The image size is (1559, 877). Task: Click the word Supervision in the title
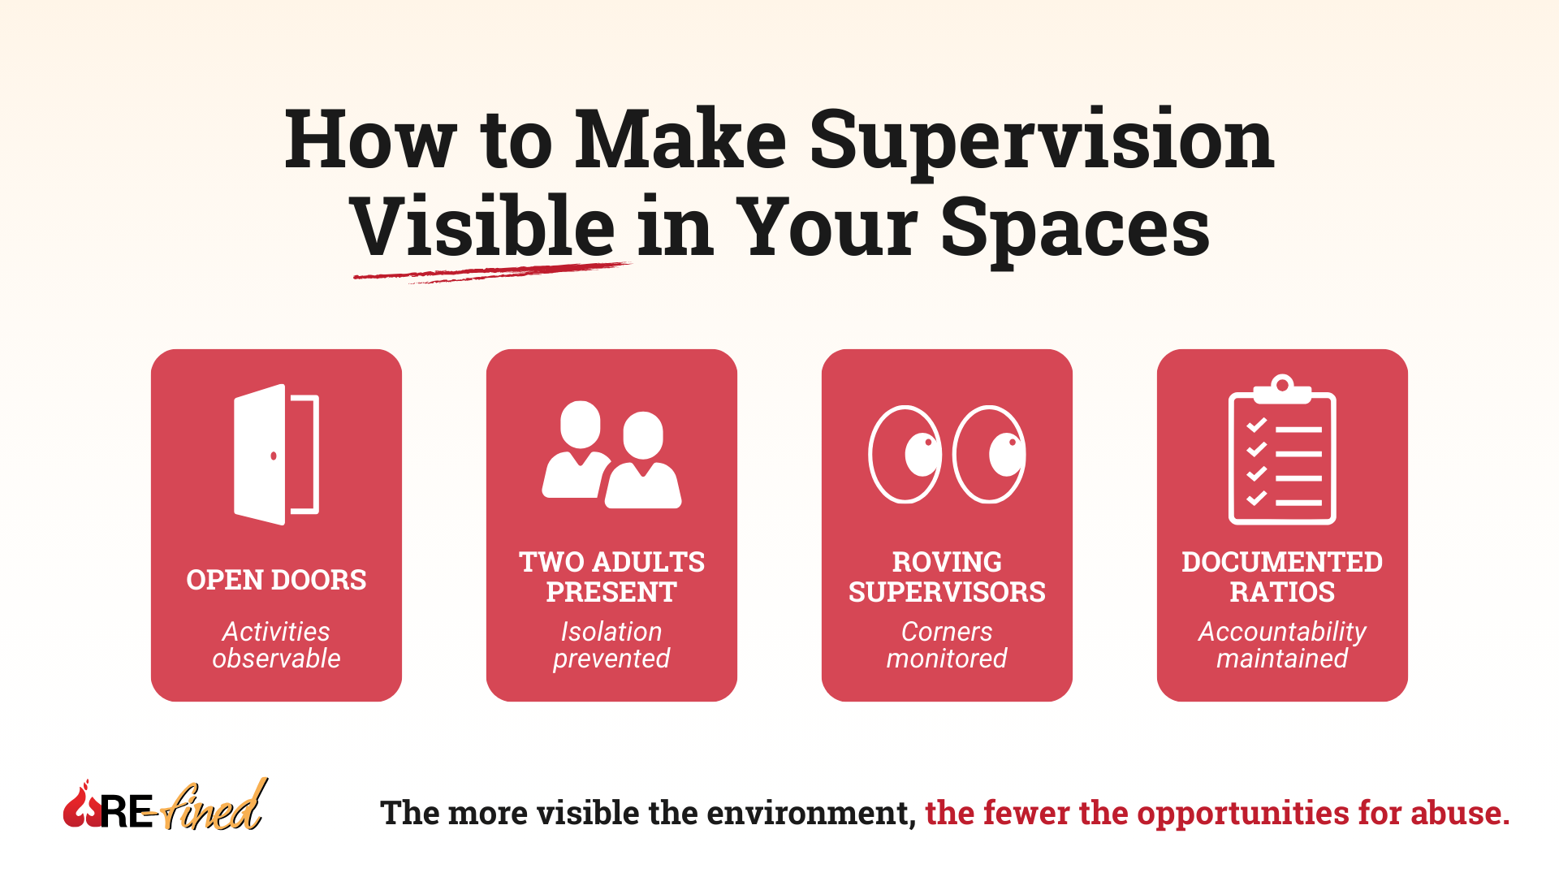point(1042,142)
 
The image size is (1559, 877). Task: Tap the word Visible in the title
point(482,227)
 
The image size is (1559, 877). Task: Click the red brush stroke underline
point(490,271)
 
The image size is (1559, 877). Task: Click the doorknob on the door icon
point(274,456)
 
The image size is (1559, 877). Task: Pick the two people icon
point(611,455)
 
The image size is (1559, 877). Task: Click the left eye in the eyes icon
point(905,454)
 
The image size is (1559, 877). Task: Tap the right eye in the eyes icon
point(989,454)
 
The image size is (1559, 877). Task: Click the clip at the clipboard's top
point(1282,388)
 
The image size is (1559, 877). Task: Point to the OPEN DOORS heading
point(276,580)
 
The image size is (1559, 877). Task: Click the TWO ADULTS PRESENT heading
point(611,577)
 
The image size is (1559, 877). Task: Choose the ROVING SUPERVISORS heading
point(947,577)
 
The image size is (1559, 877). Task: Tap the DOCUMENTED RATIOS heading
point(1282,577)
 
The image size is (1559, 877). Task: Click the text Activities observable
point(276,645)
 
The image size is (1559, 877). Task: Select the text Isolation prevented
point(611,645)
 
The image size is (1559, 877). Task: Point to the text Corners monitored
point(947,645)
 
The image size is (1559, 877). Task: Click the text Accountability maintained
point(1282,645)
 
